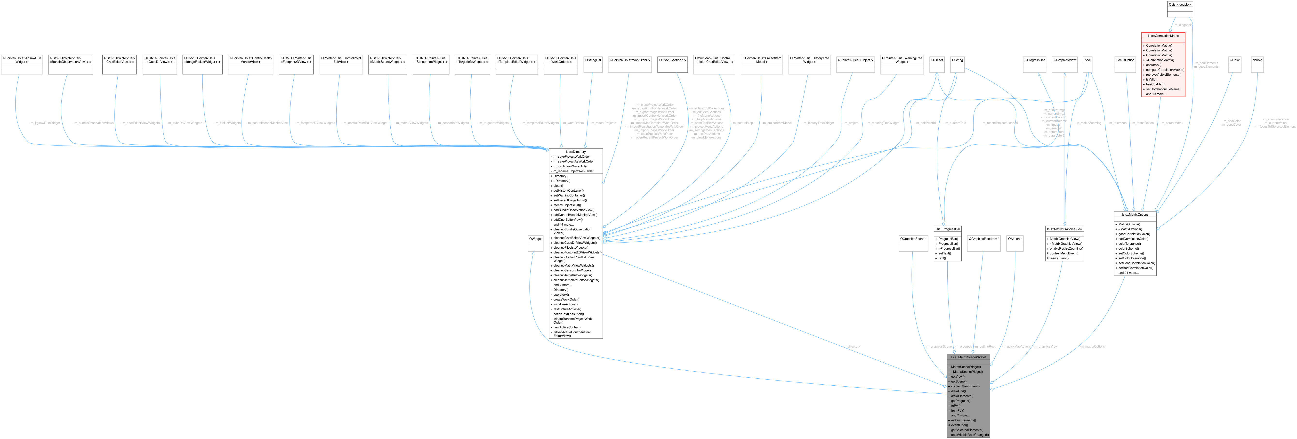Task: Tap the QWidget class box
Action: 535,239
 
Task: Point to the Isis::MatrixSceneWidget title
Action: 968,357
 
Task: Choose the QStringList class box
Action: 593,60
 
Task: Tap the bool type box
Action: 1088,60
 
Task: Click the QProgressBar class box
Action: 1035,60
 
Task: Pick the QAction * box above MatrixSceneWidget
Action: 1015,239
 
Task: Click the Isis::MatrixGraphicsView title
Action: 1064,229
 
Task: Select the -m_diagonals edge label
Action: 1183,25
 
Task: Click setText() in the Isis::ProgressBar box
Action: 944,253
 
